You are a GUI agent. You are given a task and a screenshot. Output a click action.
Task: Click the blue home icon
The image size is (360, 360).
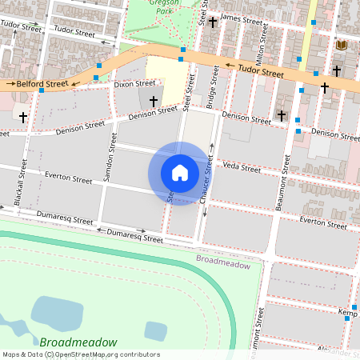coord(180,173)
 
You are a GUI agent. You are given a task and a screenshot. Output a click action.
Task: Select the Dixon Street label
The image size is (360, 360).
coord(134,83)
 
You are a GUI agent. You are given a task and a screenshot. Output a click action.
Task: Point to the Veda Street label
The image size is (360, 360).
coord(242,167)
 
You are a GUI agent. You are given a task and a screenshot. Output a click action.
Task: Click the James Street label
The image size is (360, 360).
coord(241,18)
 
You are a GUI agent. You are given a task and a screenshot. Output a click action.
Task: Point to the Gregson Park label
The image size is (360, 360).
coord(165,8)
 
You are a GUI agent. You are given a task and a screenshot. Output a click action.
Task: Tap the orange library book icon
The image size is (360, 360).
coord(342,46)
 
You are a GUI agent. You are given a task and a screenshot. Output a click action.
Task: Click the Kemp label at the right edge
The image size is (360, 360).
coord(347,310)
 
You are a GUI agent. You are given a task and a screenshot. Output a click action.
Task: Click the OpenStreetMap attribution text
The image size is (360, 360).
coord(81,354)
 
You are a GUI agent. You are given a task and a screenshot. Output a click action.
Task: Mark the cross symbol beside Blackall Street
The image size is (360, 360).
coord(23,117)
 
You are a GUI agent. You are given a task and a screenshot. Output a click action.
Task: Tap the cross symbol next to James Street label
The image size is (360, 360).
coord(213,22)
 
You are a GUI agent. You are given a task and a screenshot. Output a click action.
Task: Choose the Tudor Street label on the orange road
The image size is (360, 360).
coord(261,73)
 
